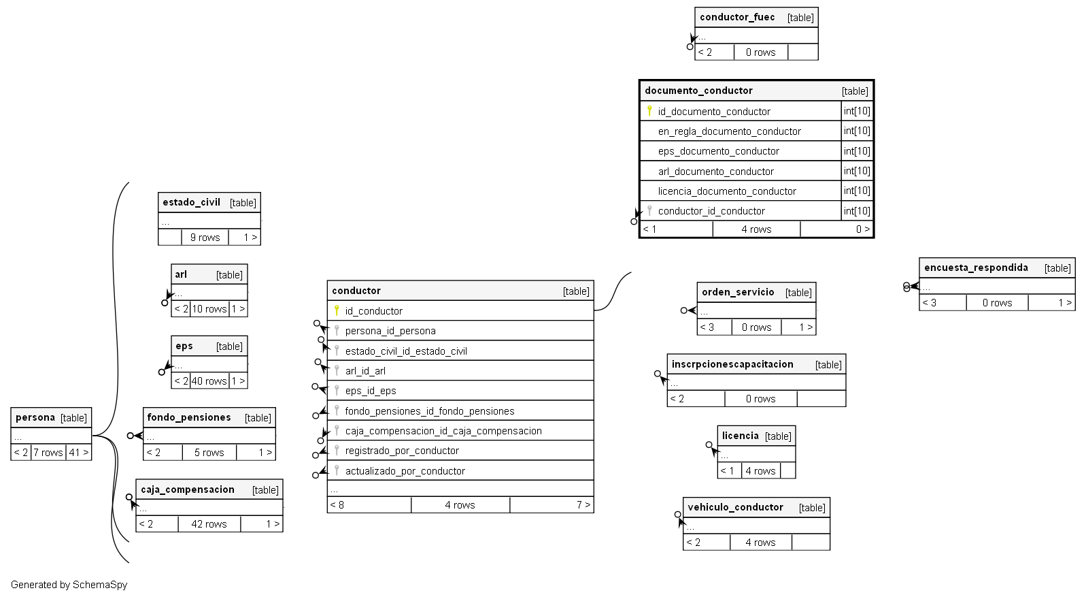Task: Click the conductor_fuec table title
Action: [x=737, y=17]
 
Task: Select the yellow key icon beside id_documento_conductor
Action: [x=649, y=110]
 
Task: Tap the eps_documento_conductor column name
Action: [x=718, y=151]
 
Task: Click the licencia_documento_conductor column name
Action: [x=726, y=191]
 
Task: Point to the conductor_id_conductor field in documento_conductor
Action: [x=711, y=211]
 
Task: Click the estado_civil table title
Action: [x=191, y=202]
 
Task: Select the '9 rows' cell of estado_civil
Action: [x=205, y=238]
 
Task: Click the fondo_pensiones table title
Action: [x=188, y=417]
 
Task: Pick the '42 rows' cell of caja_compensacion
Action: [x=209, y=524]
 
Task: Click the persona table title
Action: [x=35, y=417]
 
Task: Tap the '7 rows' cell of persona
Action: [x=48, y=453]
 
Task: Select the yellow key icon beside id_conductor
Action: [x=337, y=310]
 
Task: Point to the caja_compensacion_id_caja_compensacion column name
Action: [x=443, y=431]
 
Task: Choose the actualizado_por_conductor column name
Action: [x=405, y=471]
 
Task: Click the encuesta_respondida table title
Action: [x=976, y=268]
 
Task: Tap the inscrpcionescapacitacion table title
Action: [x=732, y=364]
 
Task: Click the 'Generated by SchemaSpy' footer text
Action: [x=69, y=585]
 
